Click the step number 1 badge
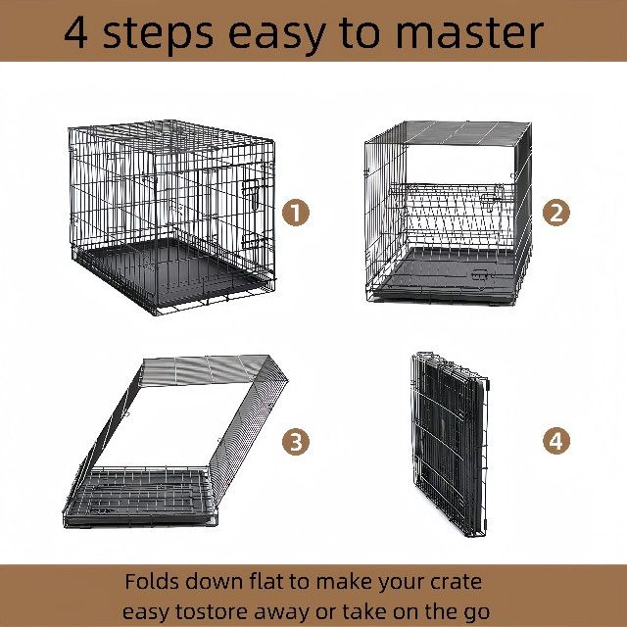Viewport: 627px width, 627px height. [x=296, y=213]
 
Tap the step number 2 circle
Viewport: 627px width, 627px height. [x=555, y=213]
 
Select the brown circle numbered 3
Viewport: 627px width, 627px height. [x=296, y=442]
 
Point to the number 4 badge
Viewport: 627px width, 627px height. [x=555, y=442]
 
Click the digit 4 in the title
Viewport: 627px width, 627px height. [x=76, y=32]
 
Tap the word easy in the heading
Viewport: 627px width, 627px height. [x=276, y=36]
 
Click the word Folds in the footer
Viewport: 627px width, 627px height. [x=151, y=581]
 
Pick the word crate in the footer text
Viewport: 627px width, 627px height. [x=456, y=582]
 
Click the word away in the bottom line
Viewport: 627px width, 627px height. [x=281, y=613]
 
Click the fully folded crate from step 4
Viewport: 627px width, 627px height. [x=450, y=444]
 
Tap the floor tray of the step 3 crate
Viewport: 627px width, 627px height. [x=138, y=496]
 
